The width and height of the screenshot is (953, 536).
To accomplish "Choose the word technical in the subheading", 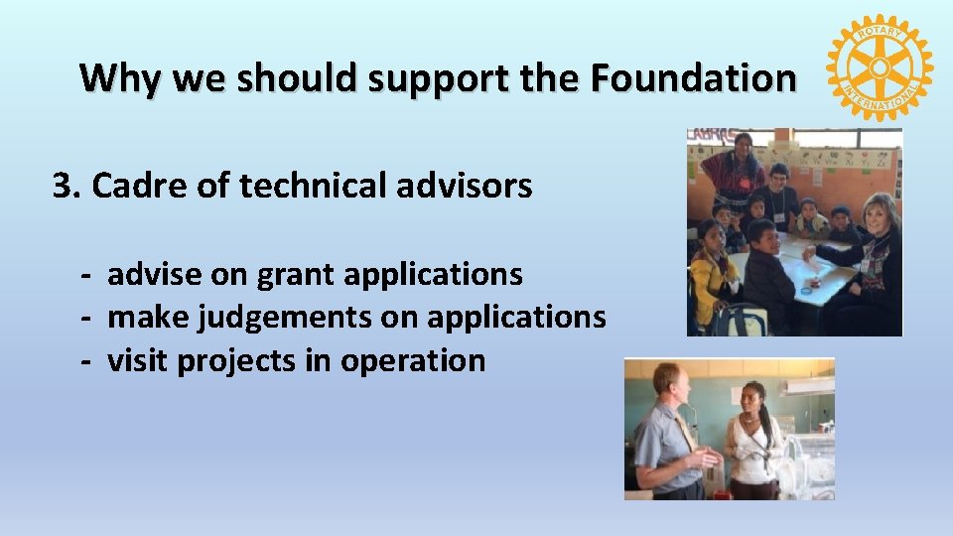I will [x=302, y=185].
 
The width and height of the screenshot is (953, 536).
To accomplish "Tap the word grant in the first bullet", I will [x=292, y=273].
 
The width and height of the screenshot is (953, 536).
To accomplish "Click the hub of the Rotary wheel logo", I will [x=879, y=67].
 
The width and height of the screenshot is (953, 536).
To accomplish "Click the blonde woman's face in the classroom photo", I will [x=879, y=215].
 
